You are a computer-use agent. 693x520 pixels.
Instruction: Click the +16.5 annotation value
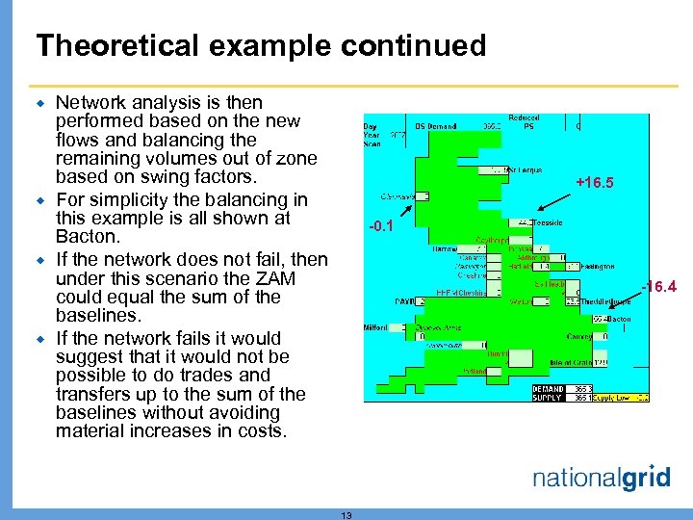[x=594, y=182]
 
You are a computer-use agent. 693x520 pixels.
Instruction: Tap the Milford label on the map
[x=375, y=327]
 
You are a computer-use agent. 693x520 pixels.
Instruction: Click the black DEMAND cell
[x=548, y=389]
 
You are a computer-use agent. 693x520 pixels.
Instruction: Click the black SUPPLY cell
[x=548, y=397]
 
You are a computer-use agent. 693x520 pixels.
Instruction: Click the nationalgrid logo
[x=601, y=478]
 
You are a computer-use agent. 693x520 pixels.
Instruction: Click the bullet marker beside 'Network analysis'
[x=41, y=102]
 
